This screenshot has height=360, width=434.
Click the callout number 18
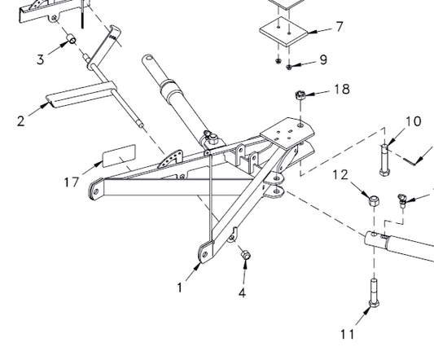pyautogui.click(x=342, y=89)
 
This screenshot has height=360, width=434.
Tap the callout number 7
pyautogui.click(x=340, y=27)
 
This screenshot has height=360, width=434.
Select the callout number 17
pyautogui.click(x=72, y=182)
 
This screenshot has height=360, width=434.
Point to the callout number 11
pyautogui.click(x=347, y=334)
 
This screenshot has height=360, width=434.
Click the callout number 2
pyautogui.click(x=20, y=121)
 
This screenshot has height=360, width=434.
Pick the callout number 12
pyautogui.click(x=340, y=175)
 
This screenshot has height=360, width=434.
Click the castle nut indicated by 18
pyautogui.click(x=300, y=95)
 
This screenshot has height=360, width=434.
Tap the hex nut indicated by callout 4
pyautogui.click(x=246, y=254)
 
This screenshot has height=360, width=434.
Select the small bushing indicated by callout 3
pyautogui.click(x=72, y=38)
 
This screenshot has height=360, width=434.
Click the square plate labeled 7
pyautogui.click(x=283, y=32)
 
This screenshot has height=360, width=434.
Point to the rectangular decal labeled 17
pyautogui.click(x=119, y=156)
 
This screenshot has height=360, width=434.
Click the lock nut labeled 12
pyautogui.click(x=374, y=200)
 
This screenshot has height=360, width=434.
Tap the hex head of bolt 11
pyautogui.click(x=374, y=303)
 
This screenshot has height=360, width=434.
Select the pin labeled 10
pyautogui.click(x=384, y=160)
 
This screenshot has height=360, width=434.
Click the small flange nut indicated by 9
pyautogui.click(x=289, y=67)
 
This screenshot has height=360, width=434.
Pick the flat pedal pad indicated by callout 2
pyautogui.click(x=81, y=94)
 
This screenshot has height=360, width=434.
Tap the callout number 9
pyautogui.click(x=323, y=59)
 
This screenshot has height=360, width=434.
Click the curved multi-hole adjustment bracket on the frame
pyautogui.click(x=170, y=160)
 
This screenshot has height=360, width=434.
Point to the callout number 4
pyautogui.click(x=242, y=292)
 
